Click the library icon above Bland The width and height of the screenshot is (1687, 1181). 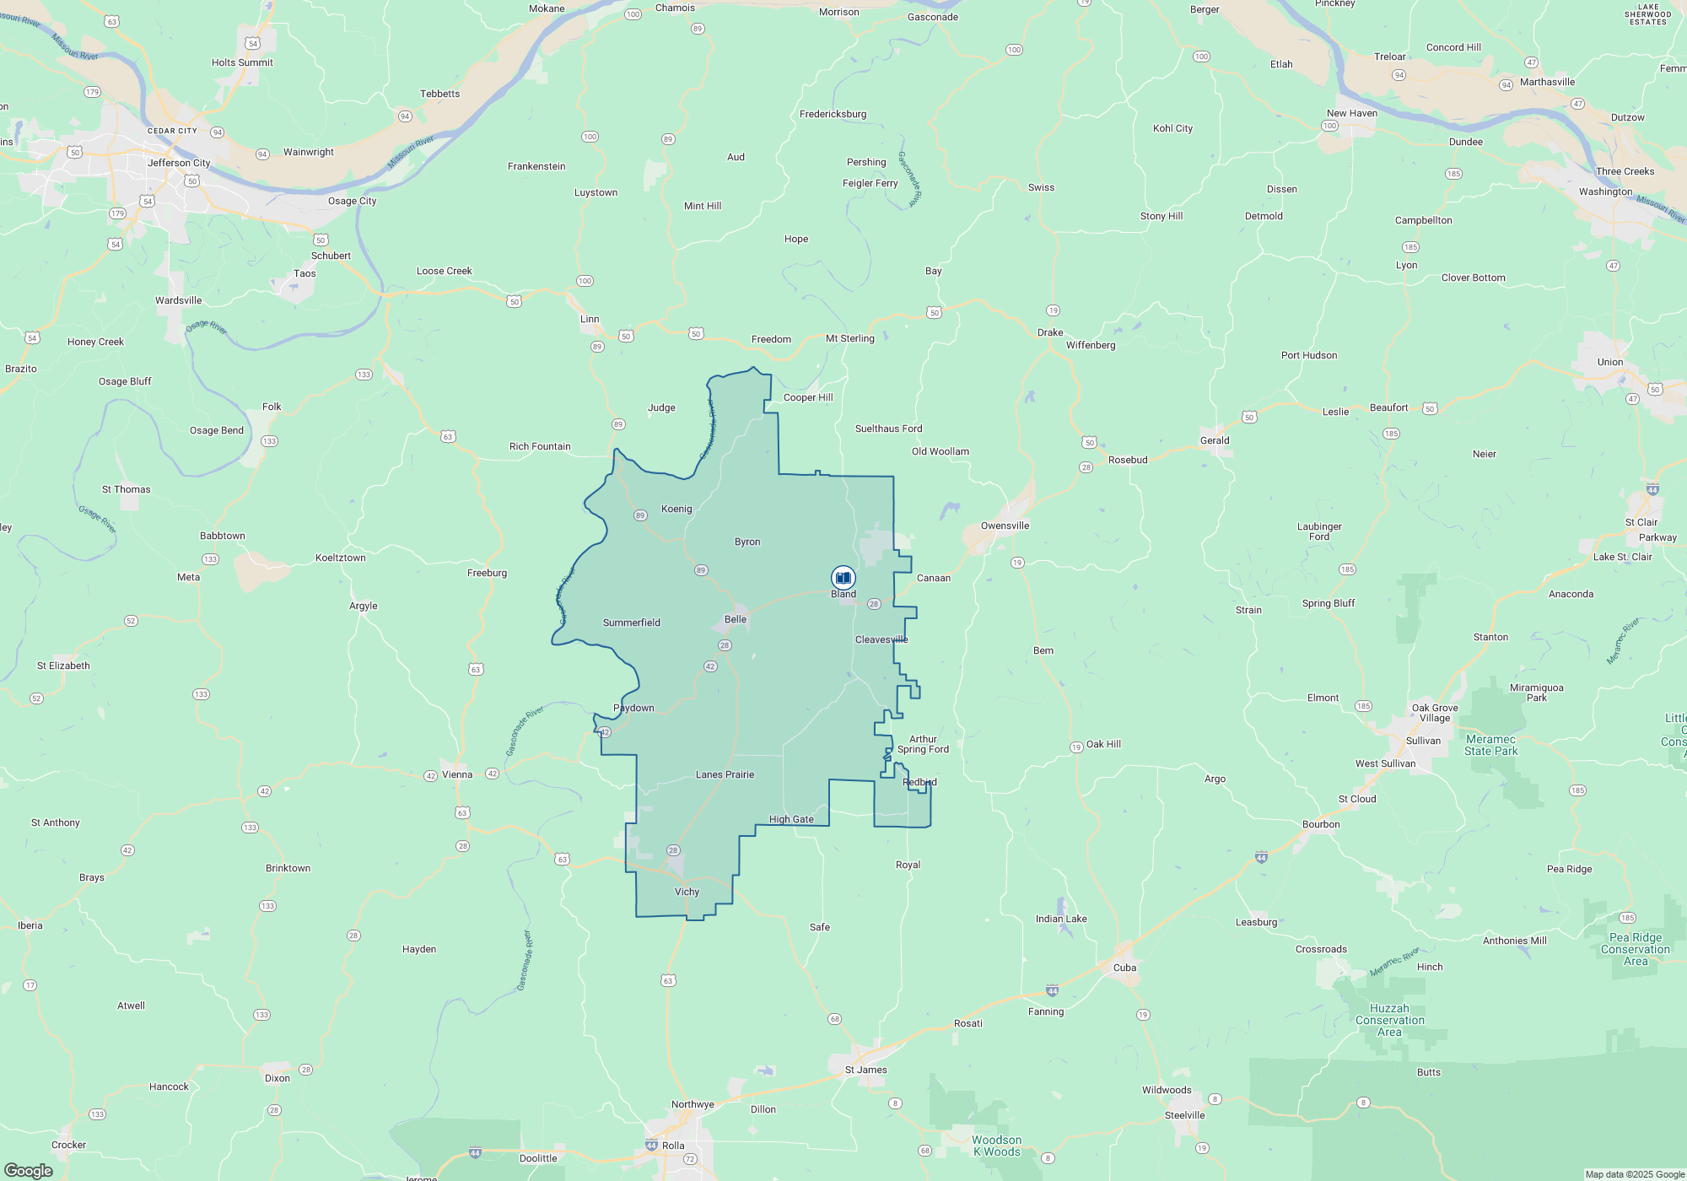(843, 578)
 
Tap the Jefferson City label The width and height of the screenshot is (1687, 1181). (179, 163)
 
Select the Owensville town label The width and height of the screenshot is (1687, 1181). (1005, 526)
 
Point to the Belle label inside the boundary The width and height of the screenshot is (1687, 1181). (736, 619)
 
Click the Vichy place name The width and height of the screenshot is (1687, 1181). (687, 892)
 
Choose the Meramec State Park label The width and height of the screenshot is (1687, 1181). (1490, 745)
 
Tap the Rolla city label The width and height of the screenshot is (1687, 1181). (673, 1146)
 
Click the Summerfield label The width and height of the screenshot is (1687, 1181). (631, 623)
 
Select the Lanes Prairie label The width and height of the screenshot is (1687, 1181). (725, 774)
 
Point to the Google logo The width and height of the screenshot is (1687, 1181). (29, 1171)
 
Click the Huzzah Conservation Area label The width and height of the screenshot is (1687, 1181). (1389, 1020)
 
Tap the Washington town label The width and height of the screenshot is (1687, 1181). (1605, 191)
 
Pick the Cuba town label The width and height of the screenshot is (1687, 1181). (1124, 968)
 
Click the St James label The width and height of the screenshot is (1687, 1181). (865, 1070)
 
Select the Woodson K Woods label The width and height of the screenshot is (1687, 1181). (996, 1146)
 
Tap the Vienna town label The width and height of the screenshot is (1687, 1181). (457, 774)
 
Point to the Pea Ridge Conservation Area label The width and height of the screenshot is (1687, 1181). (1635, 949)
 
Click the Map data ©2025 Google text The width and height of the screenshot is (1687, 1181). (1635, 1174)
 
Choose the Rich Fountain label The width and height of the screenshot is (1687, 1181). (540, 446)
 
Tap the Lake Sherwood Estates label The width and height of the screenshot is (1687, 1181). (1647, 14)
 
